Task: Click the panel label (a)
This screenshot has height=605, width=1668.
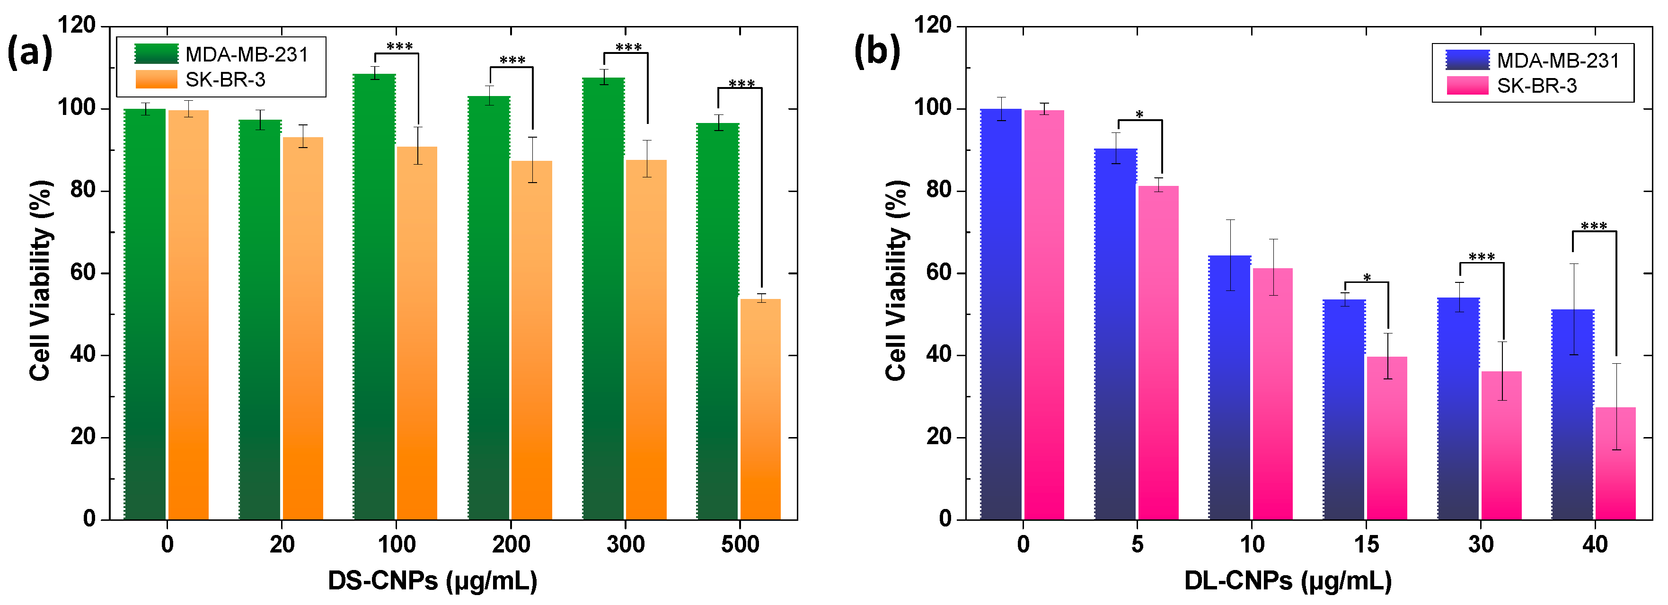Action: pyautogui.click(x=29, y=52)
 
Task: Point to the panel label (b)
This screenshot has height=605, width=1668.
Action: pyautogui.click(x=877, y=51)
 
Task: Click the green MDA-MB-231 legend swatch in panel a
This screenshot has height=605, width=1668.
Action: pyautogui.click(x=156, y=54)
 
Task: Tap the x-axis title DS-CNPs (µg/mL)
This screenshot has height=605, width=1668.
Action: pyautogui.click(x=432, y=580)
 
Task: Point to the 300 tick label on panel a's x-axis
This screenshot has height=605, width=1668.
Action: pyautogui.click(x=625, y=544)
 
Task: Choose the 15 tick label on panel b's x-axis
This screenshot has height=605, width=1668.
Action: pyautogui.click(x=1366, y=544)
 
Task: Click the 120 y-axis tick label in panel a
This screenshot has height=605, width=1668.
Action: pyautogui.click(x=76, y=26)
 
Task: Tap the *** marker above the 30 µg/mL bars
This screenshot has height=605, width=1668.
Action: pyautogui.click(x=1482, y=257)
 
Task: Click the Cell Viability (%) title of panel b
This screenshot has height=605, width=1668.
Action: pyautogui.click(x=896, y=280)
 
